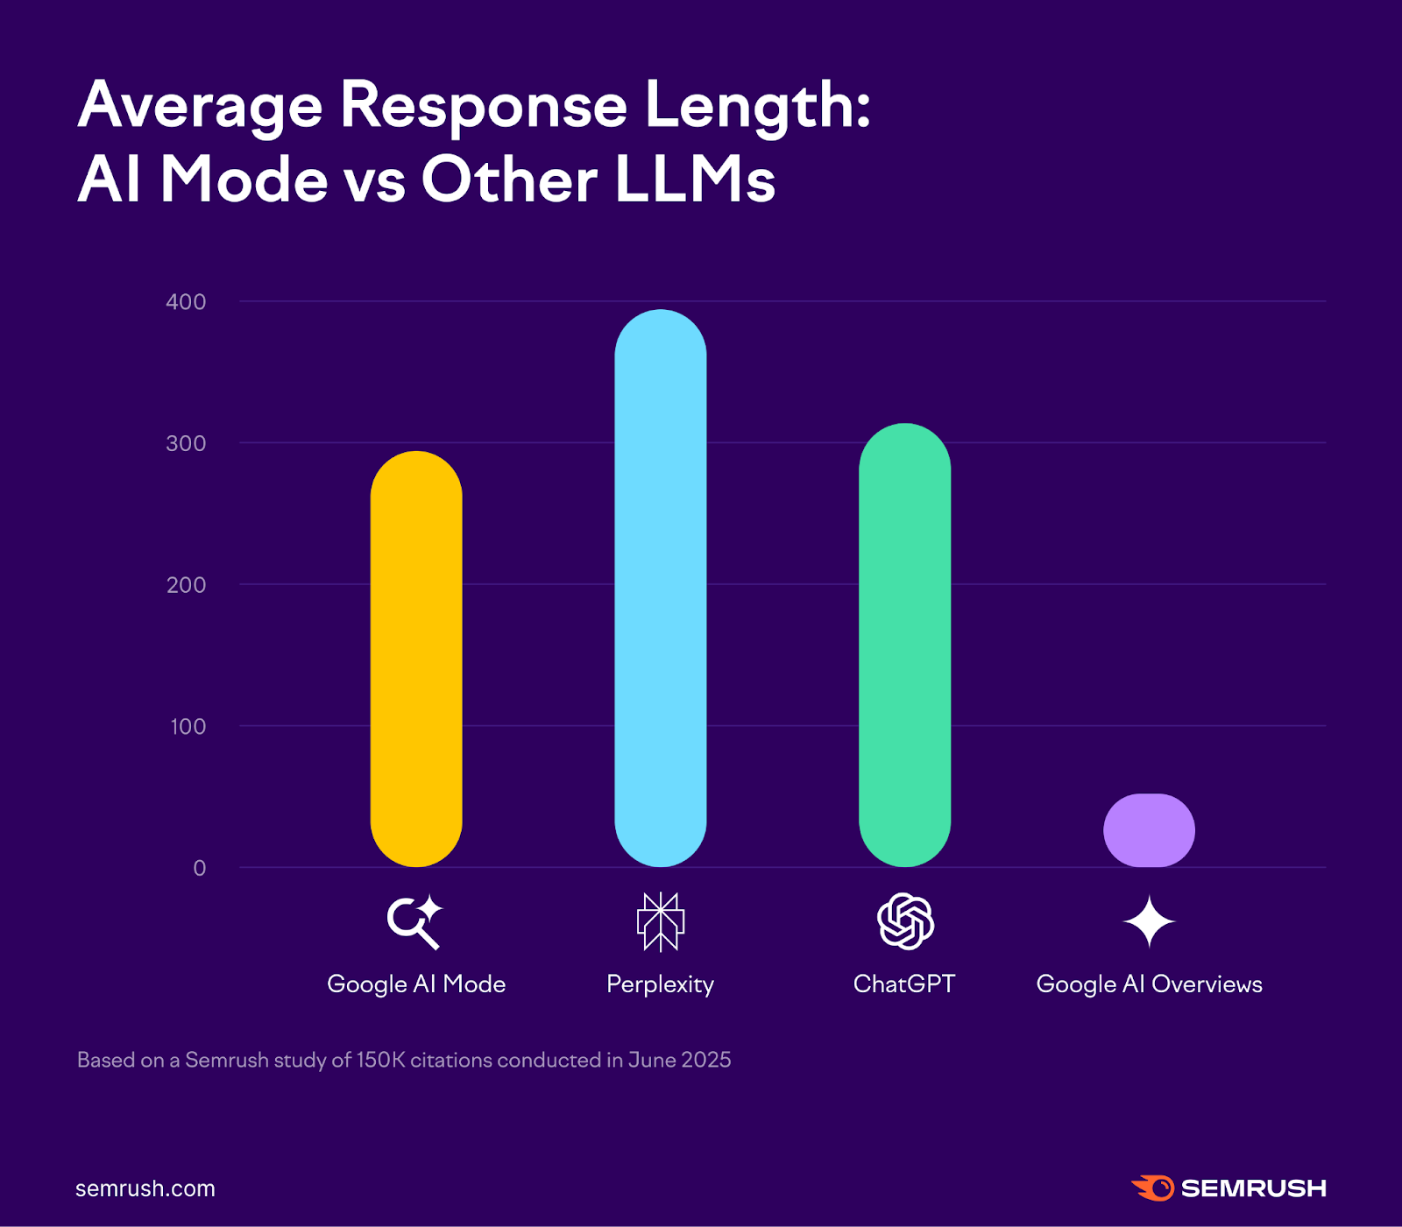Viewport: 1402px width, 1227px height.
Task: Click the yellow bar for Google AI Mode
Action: [x=416, y=659]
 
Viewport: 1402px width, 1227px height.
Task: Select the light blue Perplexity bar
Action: [x=660, y=588]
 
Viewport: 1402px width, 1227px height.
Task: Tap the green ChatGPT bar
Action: [x=904, y=645]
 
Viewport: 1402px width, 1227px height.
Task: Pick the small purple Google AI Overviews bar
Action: [x=1149, y=830]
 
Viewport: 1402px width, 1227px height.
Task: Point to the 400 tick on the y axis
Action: [x=186, y=302]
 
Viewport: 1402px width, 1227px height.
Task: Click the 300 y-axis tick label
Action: [x=186, y=443]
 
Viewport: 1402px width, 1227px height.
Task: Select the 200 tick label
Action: [x=186, y=585]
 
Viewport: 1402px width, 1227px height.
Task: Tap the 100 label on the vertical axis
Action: [x=188, y=727]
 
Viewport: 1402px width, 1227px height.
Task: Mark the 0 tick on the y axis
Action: [x=200, y=868]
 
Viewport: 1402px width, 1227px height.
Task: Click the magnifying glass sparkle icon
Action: [x=414, y=922]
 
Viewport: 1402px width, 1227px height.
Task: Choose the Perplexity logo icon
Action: [x=660, y=922]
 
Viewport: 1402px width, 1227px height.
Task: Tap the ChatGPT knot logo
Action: [x=905, y=921]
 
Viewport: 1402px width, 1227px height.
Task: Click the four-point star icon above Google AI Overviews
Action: [x=1149, y=922]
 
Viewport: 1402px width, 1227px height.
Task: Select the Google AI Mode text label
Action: [x=416, y=984]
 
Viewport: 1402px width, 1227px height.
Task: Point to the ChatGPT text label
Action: [x=904, y=984]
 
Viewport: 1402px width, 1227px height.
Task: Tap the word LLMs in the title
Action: [x=695, y=180]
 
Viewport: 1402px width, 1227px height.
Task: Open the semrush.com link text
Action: [x=145, y=1188]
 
